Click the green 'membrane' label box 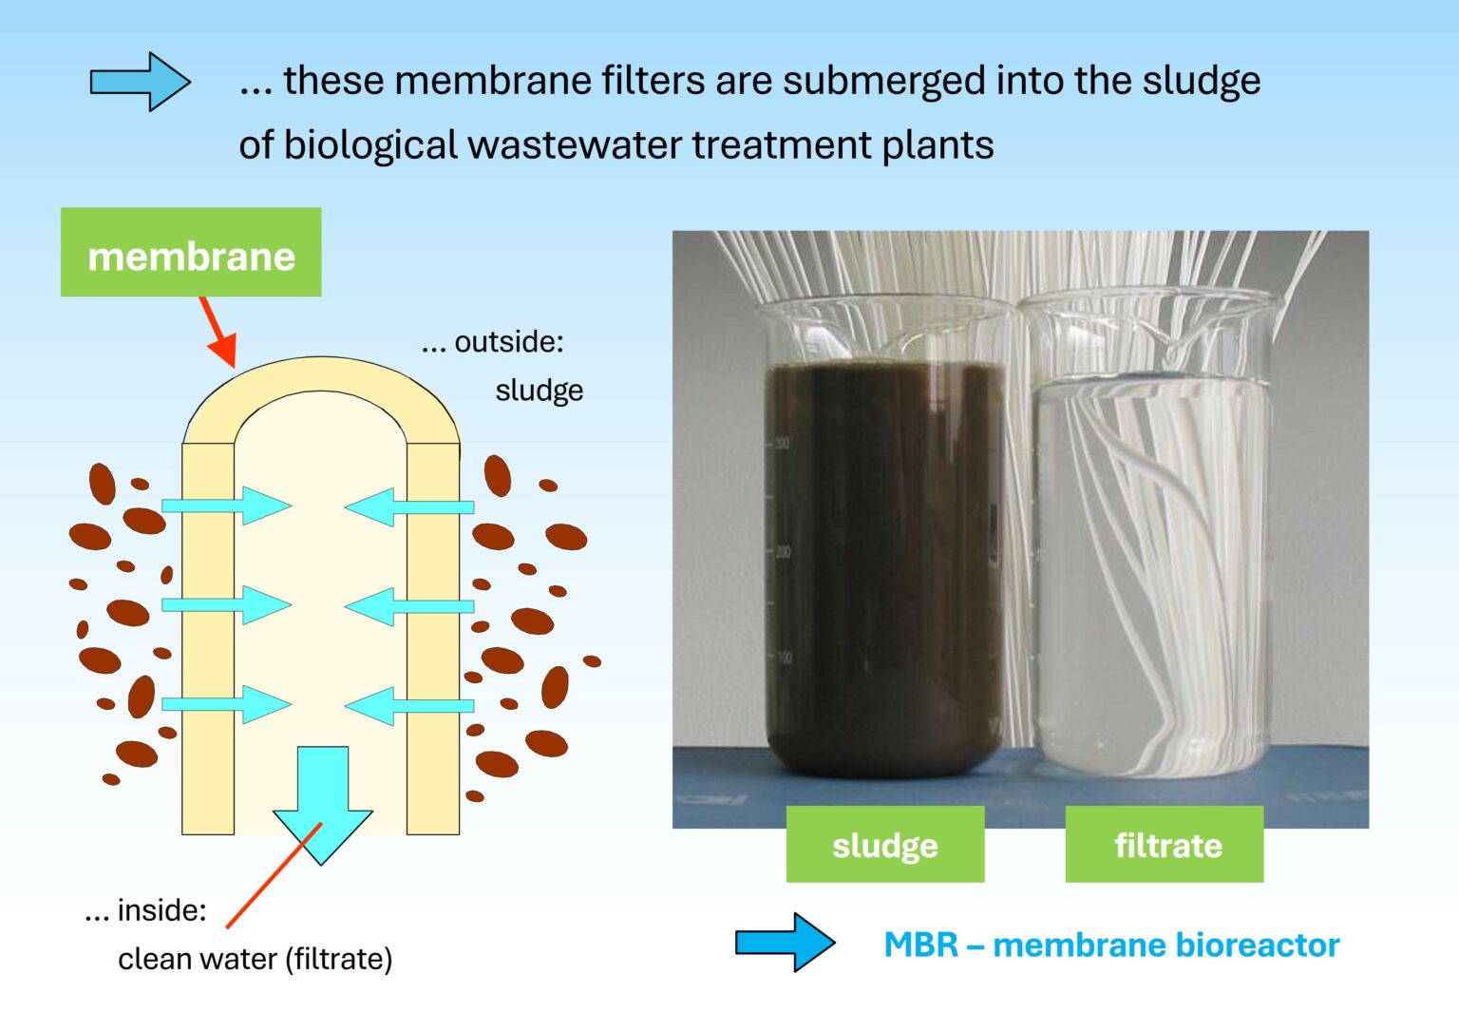191,253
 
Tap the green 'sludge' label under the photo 884,845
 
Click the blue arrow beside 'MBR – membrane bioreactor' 785,943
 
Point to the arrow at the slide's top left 140,82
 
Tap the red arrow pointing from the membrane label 218,330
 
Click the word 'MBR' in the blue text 920,945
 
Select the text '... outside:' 493,342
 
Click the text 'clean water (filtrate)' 255,959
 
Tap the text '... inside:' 145,910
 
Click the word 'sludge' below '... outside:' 539,391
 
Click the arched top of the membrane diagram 321,374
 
